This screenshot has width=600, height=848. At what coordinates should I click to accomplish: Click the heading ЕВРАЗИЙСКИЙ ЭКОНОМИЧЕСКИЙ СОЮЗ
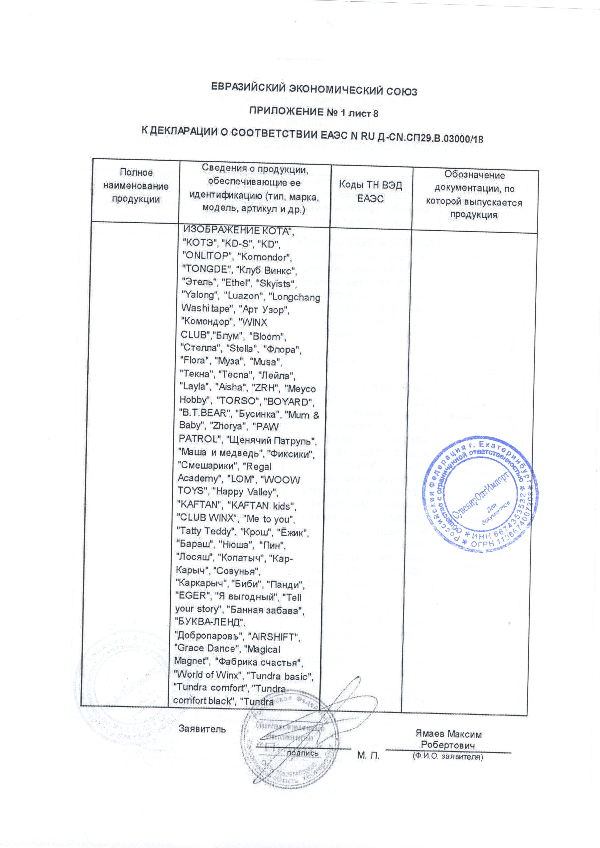[314, 90]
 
